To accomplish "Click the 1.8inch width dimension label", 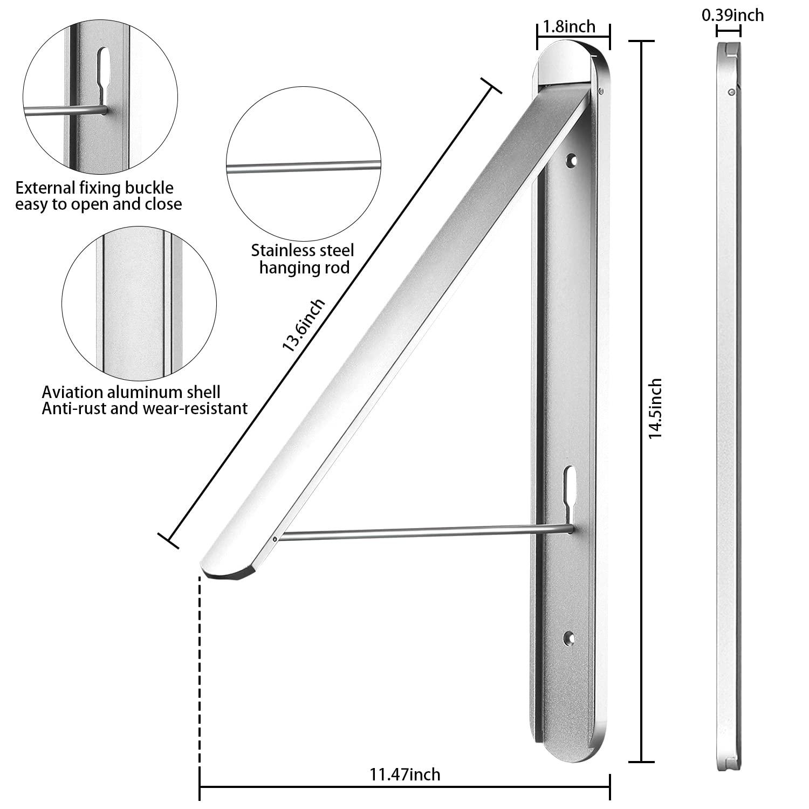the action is (569, 26).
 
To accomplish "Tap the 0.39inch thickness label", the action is (732, 15).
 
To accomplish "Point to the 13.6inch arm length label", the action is (304, 325).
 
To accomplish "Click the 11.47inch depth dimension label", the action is (404, 774).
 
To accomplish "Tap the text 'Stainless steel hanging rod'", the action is (303, 258).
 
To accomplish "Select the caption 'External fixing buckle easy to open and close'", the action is (99, 196).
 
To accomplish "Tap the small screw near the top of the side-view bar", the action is (731, 93).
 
